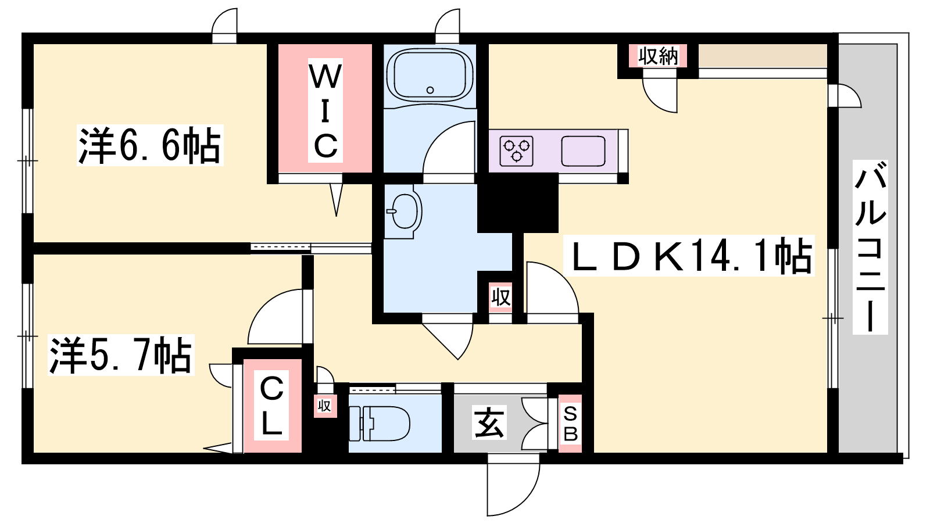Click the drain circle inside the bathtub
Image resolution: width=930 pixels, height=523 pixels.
point(430,90)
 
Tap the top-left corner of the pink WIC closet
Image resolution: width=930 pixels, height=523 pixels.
point(278,44)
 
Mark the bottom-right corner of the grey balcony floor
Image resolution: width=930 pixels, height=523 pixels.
point(897,453)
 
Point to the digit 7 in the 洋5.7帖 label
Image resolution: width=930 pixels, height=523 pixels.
point(141,355)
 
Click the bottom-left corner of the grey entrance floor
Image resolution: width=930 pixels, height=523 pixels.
point(454,453)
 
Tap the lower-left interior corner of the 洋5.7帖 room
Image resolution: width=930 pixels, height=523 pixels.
point(33,453)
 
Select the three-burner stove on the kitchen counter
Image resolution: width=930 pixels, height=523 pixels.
point(517,151)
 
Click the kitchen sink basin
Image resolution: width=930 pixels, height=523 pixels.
point(583,151)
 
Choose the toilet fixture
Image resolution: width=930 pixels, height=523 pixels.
point(380,424)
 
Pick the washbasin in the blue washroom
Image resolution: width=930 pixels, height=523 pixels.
point(403,212)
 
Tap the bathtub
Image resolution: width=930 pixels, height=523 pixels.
point(430,75)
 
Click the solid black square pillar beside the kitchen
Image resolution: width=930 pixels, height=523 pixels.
point(517,203)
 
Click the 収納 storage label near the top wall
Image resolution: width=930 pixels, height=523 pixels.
point(657,56)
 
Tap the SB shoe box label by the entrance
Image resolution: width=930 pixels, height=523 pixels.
point(570,424)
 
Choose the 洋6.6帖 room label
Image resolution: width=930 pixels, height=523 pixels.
point(150,145)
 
